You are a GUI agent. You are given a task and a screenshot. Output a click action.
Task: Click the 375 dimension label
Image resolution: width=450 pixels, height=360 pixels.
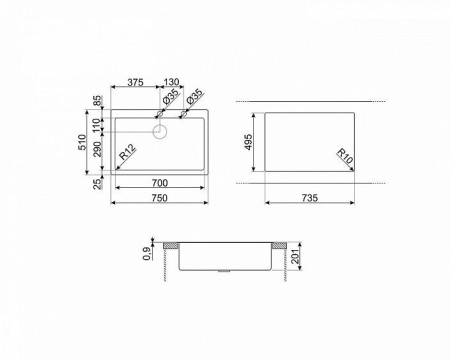click(x=136, y=82)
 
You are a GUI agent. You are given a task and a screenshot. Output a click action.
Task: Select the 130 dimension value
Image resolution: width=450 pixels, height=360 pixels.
click(x=172, y=82)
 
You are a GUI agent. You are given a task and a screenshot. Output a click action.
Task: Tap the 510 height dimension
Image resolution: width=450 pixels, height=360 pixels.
click(x=82, y=142)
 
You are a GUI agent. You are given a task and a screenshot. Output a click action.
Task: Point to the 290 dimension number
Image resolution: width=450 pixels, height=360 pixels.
click(x=97, y=149)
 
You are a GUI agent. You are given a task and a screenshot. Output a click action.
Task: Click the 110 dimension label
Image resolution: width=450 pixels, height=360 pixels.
click(x=97, y=126)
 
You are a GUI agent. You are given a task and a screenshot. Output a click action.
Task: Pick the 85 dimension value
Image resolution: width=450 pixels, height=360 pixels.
click(x=97, y=100)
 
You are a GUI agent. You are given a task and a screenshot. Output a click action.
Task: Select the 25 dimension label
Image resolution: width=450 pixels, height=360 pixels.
click(x=97, y=184)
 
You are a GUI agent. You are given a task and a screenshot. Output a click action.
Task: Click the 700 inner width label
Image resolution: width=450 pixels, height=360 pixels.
click(x=160, y=183)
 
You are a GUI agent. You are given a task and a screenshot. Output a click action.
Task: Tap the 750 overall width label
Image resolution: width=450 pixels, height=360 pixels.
click(x=160, y=198)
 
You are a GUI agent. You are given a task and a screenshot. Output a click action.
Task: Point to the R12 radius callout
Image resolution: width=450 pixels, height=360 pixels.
click(x=128, y=152)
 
